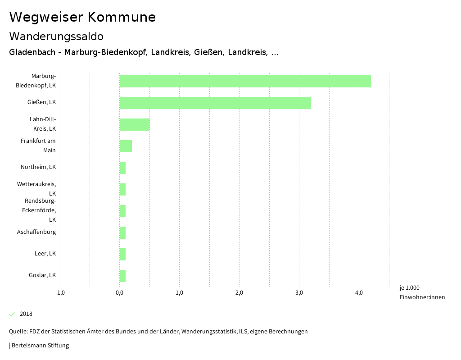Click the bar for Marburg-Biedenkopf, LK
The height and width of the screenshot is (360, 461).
coord(245,81)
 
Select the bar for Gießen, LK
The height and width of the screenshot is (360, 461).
coord(215,103)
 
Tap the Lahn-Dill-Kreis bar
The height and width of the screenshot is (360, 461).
coord(134,124)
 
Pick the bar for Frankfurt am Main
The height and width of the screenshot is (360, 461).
coord(126,146)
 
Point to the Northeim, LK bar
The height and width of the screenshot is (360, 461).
coord(122,168)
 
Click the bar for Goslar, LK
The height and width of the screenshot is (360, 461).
coord(122,276)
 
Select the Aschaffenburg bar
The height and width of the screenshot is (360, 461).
coord(122,232)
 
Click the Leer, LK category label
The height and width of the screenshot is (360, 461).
coord(45,254)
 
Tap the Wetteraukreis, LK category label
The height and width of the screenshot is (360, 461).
coord(36,189)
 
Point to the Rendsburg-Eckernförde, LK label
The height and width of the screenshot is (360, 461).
coord(39,210)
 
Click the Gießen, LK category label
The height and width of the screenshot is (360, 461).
coord(41,102)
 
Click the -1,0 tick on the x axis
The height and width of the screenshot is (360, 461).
coord(60,293)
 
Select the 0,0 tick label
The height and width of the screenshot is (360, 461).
coord(119,293)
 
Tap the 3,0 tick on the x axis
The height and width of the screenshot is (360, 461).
coord(299,293)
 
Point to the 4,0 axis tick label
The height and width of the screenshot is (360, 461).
coord(359,293)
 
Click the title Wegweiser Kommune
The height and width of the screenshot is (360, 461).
coord(82,17)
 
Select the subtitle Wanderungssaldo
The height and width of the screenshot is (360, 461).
coord(56,36)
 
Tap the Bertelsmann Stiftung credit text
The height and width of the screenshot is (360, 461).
coord(39,346)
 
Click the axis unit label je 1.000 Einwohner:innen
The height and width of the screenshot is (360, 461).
coord(422,292)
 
